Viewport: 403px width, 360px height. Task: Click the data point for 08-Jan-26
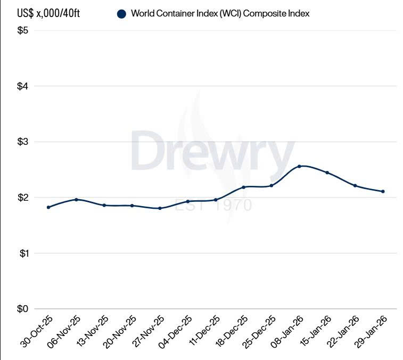pyautogui.click(x=299, y=166)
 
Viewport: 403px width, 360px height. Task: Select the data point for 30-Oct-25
pyautogui.click(x=48, y=207)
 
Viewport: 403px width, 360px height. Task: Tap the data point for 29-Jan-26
pyautogui.click(x=383, y=192)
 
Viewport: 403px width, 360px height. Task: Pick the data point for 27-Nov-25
pyautogui.click(x=160, y=208)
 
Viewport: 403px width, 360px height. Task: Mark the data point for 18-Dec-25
pyautogui.click(x=243, y=187)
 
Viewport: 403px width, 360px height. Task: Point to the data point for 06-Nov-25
pyautogui.click(x=76, y=200)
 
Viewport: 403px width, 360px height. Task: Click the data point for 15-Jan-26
pyautogui.click(x=327, y=173)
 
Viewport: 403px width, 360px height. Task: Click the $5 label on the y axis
pyautogui.click(x=23, y=30)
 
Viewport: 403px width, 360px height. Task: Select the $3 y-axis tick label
pyautogui.click(x=23, y=142)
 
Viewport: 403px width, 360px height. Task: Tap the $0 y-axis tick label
pyautogui.click(x=23, y=309)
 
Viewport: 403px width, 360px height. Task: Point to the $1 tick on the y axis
pyautogui.click(x=23, y=253)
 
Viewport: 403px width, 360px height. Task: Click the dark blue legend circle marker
pyautogui.click(x=121, y=14)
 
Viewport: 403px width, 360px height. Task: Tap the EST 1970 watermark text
pyautogui.click(x=213, y=204)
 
